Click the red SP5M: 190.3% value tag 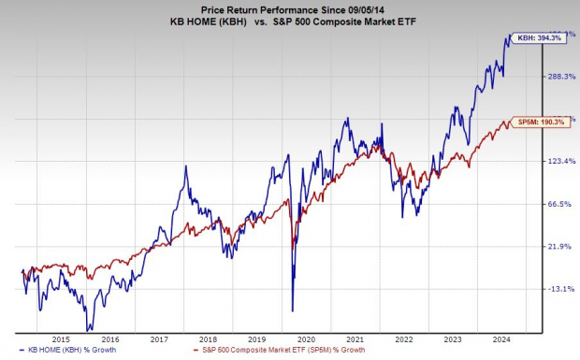click(x=540, y=122)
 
